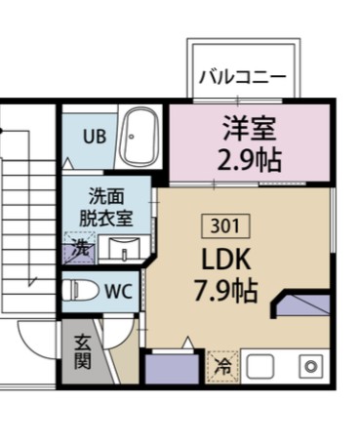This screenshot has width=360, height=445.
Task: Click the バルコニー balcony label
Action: tap(243, 76)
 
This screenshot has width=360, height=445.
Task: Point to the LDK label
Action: tap(226, 260)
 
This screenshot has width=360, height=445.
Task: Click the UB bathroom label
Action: tap(94, 137)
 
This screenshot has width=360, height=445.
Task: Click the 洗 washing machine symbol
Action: tap(79, 249)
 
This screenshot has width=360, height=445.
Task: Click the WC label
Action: tap(118, 291)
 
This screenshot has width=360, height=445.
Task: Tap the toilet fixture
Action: tap(80, 291)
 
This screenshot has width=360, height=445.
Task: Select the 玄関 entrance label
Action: tap(83, 352)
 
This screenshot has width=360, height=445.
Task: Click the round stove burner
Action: tap(310, 368)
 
